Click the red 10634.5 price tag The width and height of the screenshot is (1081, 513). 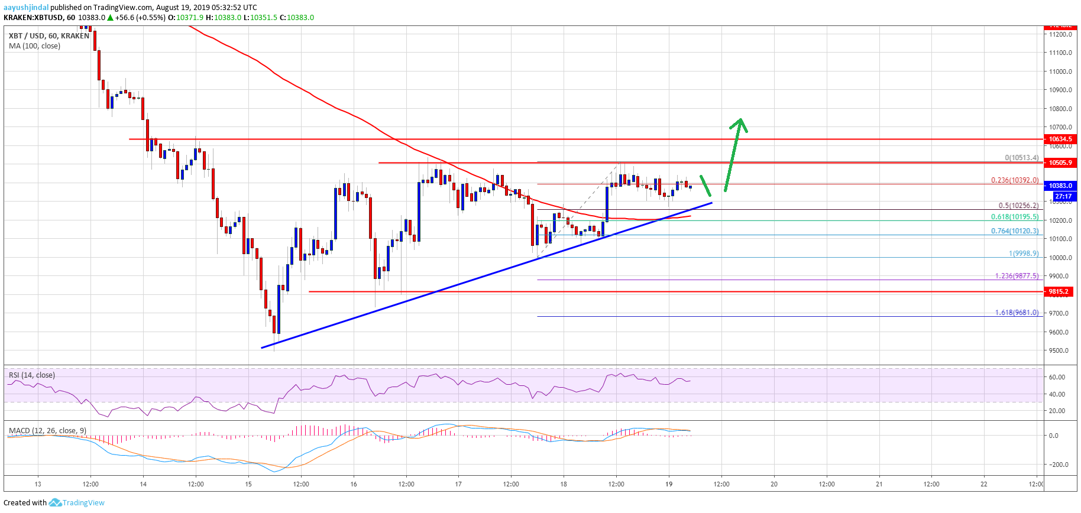tap(1060, 139)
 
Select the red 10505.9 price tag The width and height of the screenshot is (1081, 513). tap(1060, 163)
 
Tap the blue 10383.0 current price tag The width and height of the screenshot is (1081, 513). tap(1060, 186)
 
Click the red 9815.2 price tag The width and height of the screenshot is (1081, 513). tap(1060, 291)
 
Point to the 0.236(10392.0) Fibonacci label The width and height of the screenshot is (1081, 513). tap(1014, 180)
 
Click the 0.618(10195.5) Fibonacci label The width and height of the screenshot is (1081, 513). tap(1014, 217)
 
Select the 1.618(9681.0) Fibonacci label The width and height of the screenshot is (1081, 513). tap(1017, 313)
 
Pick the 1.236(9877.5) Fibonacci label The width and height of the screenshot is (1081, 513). tap(1017, 276)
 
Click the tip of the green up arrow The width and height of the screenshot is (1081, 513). tap(740, 120)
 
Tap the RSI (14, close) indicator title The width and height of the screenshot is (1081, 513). tap(32, 375)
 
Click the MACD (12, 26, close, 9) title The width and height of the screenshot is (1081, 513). tap(47, 430)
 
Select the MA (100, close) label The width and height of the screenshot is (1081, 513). tap(34, 46)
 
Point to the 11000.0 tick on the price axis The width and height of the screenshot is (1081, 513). tap(1060, 72)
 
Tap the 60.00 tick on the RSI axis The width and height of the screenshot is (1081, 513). tap(1056, 377)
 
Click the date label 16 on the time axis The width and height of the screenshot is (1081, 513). tap(354, 484)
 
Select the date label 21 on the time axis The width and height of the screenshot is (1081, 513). tap(879, 484)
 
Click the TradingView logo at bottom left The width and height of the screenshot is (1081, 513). tap(77, 503)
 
